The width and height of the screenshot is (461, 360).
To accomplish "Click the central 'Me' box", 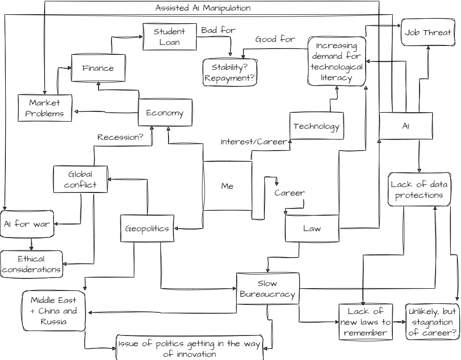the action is pos(227,186).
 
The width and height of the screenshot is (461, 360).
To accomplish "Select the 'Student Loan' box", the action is pos(169,37).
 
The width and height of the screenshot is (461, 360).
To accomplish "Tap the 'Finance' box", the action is pos(98,68).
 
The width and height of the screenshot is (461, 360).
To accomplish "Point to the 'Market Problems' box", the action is pos(45,108).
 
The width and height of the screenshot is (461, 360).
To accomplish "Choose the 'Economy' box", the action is pos(165,113).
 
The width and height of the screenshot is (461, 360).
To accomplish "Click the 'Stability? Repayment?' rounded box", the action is pos(230,73).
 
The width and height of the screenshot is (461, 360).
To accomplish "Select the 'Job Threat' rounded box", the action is pos(428,33).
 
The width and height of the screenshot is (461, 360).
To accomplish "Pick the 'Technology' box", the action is pos(317,126).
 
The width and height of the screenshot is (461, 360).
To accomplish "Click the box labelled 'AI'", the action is pos(406,126).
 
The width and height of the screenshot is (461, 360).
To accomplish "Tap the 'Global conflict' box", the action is pos(80,179).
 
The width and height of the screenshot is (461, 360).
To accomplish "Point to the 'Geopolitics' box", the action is pos(147,229).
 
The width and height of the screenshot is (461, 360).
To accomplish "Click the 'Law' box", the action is pos(312,229).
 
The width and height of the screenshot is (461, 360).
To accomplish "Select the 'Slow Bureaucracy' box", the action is pos(268,288).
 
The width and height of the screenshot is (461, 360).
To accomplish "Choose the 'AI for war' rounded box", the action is pos(27,224).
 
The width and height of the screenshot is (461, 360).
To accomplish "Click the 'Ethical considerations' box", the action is pos(31,264).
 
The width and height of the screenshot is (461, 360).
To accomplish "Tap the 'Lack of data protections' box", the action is pos(419,189).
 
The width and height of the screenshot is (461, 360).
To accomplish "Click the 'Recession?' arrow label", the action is pos(120,137).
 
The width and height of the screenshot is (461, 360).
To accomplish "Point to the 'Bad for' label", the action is pos(218,30).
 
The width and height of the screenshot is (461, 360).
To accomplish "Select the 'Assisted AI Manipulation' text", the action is pos(203,8).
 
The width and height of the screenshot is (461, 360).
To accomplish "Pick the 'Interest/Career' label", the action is pos(254,142).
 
